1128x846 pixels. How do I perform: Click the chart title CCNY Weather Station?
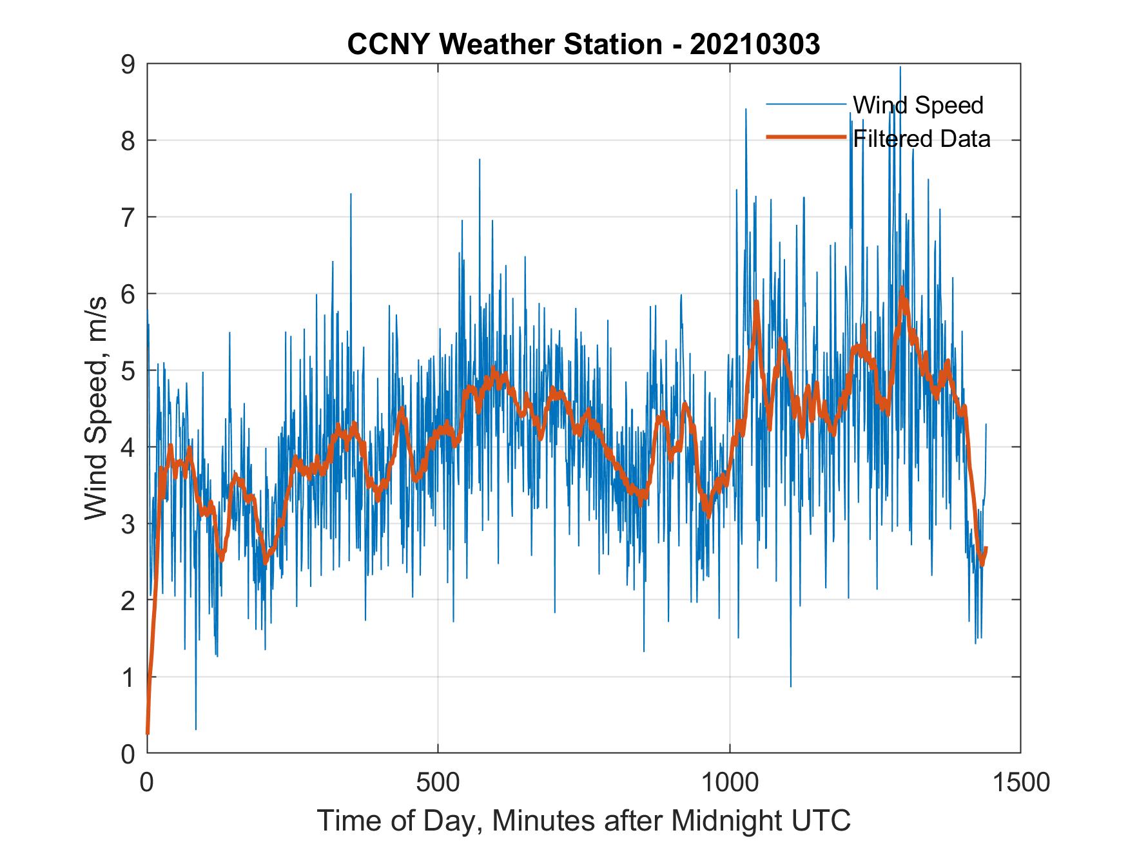(x=504, y=44)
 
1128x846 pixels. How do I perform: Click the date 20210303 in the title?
(x=755, y=44)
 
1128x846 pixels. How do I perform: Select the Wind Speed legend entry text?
(x=918, y=104)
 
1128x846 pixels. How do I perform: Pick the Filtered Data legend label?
(x=922, y=139)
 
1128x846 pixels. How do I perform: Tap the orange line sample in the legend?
(x=806, y=137)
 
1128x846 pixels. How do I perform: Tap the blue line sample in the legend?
(x=806, y=104)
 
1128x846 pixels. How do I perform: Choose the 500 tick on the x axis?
(x=438, y=782)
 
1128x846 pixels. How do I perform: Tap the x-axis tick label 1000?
(x=730, y=782)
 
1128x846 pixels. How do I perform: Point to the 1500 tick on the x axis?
(x=1021, y=782)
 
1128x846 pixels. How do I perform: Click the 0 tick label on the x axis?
(x=147, y=782)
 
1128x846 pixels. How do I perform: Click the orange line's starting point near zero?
(x=148, y=732)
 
